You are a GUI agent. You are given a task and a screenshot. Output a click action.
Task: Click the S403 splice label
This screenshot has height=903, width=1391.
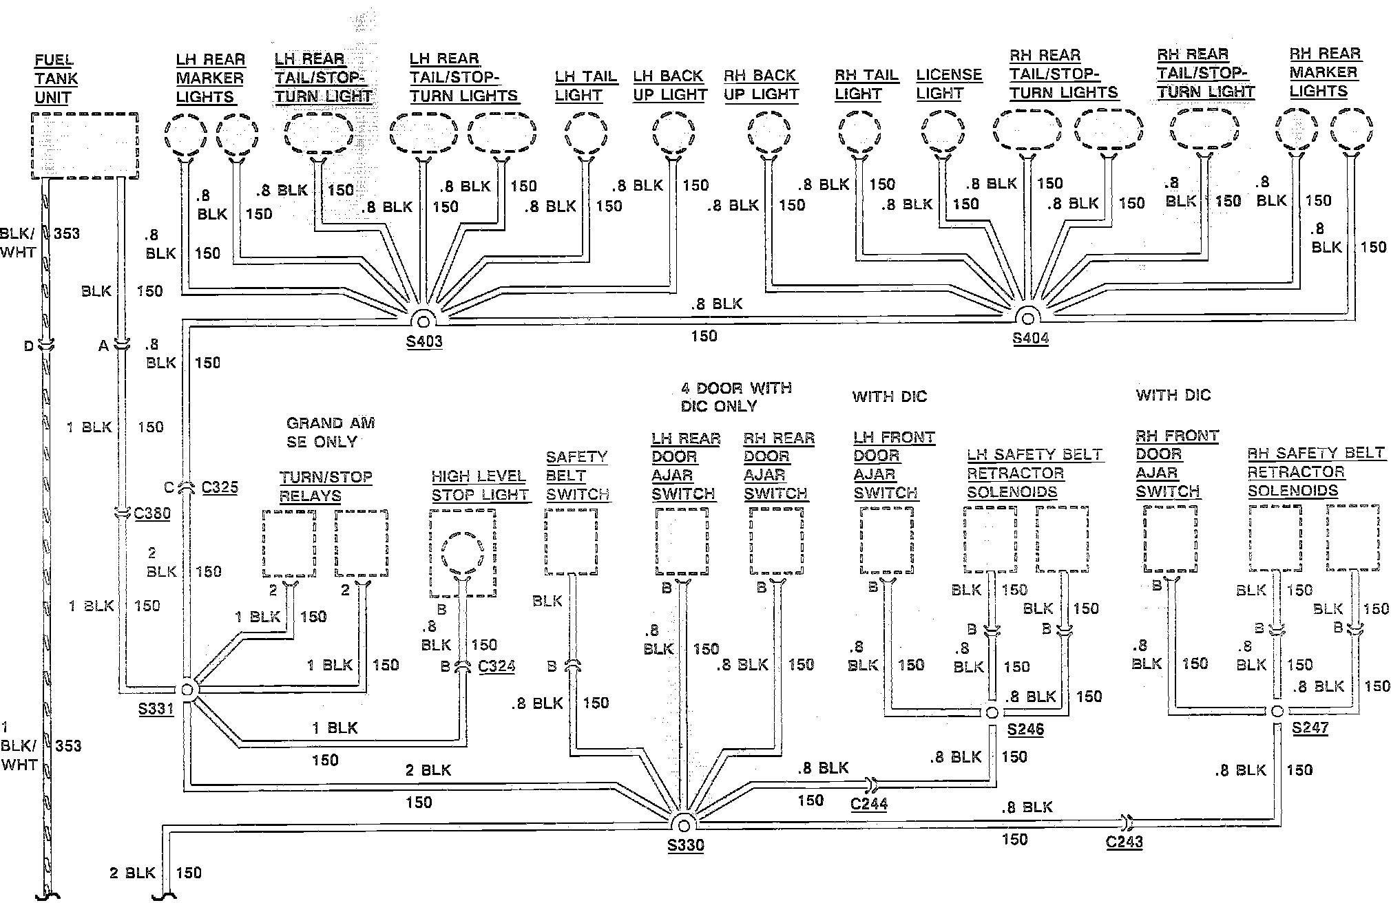424,341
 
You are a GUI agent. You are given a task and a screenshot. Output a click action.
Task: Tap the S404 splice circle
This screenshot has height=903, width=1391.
1029,319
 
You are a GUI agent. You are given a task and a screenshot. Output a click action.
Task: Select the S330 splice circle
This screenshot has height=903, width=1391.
684,825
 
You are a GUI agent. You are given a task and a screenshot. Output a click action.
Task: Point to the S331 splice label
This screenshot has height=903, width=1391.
156,708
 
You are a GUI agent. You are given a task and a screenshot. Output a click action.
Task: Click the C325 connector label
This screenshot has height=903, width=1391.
220,487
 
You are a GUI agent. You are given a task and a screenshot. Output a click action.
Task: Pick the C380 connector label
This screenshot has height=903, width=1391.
152,513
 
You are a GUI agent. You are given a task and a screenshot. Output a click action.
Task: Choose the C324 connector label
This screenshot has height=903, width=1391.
496,666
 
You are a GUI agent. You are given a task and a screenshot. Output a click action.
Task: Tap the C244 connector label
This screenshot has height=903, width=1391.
869,803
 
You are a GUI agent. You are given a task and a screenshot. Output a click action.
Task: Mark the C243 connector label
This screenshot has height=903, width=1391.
1125,841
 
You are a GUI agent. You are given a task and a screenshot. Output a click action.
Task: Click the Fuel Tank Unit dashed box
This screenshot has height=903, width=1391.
85,146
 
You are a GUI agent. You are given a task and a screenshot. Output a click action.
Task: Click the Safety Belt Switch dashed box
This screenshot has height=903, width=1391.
571,541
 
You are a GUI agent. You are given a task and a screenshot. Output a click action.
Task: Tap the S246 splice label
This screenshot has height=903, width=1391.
1025,730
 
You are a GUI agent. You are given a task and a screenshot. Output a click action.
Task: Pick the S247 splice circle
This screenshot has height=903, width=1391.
1276,712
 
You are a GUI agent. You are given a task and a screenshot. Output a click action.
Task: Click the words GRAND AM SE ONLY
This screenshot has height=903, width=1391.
330,432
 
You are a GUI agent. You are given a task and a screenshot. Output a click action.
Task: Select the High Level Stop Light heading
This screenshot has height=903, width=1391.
479,485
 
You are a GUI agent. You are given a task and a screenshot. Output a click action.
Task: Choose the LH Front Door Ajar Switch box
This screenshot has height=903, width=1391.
886,540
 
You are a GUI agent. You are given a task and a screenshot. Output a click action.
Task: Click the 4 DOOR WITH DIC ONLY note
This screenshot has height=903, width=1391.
735,397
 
